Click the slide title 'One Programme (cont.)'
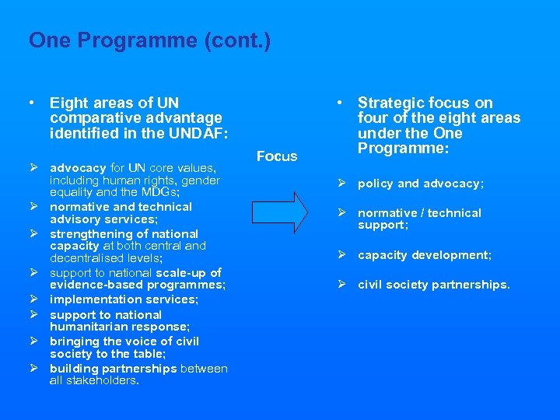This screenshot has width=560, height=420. coord(149,40)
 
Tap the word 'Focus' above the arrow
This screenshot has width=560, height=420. coord(277,156)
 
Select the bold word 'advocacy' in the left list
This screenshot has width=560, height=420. coord(78,168)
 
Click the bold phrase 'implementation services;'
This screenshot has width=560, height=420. coord(124,299)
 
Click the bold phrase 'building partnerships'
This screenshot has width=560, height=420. coord(114,369)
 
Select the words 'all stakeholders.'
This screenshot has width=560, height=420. coord(94,380)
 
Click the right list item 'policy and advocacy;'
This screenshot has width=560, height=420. coord(420,184)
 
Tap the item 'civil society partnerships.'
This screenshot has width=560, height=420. coord(433,285)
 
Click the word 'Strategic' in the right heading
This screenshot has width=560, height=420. coord(390,103)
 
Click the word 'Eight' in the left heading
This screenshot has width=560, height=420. coord(68,103)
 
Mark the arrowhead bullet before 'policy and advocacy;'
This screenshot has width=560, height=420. coord(341,184)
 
